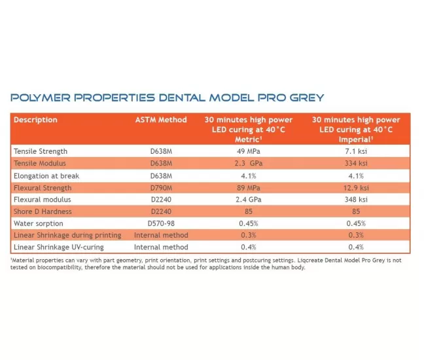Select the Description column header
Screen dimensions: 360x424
(35, 120)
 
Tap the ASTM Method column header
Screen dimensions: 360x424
(161, 120)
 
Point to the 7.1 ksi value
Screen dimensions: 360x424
(355, 151)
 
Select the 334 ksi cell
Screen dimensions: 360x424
(355, 163)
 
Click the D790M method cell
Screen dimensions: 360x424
(161, 187)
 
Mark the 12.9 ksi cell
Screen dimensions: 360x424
(355, 187)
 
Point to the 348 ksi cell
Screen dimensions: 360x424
(355, 199)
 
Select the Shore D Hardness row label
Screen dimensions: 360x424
(43, 211)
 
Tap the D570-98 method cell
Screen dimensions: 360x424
(161, 223)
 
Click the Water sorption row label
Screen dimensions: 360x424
(39, 223)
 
